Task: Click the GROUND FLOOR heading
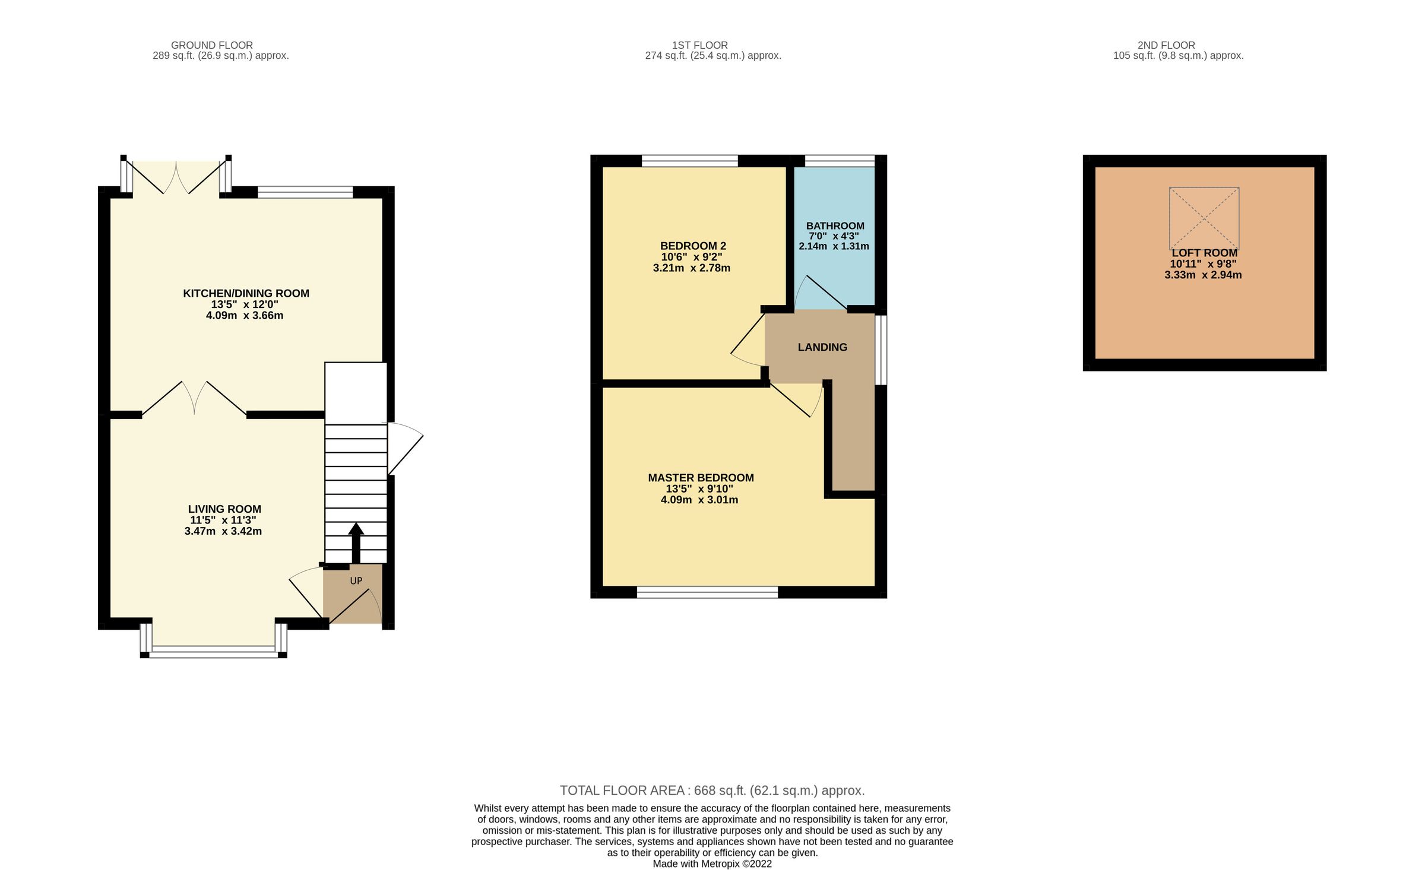(x=212, y=45)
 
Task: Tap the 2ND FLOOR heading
(x=1166, y=45)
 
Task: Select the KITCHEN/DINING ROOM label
(x=246, y=293)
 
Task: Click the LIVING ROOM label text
(x=224, y=509)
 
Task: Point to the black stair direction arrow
(x=356, y=541)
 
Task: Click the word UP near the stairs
(x=356, y=581)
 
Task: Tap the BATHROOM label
(x=835, y=226)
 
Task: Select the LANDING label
(x=822, y=347)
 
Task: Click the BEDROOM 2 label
(x=693, y=246)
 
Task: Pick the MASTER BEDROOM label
(x=701, y=478)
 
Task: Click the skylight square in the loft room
(x=1204, y=218)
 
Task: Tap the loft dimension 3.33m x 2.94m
(x=1203, y=275)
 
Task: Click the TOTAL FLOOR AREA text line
(x=712, y=790)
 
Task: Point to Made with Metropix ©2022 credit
(x=712, y=863)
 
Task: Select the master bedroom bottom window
(x=707, y=592)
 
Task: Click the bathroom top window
(x=840, y=160)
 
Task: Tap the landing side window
(x=882, y=350)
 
